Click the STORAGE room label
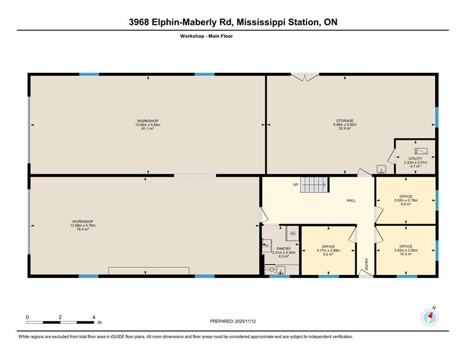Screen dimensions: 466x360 click(345, 121)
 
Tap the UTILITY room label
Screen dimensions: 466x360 click(415, 159)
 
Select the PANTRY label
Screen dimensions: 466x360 click(284, 249)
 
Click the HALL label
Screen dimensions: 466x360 click(351, 200)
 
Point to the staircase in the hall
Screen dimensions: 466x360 click(314, 185)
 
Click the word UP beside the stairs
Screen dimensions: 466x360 click(295, 185)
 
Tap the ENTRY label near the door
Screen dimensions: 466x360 click(367, 264)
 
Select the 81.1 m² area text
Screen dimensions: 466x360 click(148, 128)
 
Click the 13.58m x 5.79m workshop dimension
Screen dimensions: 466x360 click(83, 225)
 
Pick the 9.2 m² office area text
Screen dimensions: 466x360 click(328, 254)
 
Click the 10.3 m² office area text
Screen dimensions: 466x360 click(405, 254)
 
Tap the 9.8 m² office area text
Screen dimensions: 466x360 click(405, 204)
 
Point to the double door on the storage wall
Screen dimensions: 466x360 click(305, 76)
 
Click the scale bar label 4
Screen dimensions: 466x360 click(94, 317)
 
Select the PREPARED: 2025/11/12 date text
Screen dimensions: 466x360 click(233, 322)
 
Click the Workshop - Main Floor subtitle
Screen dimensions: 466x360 click(207, 36)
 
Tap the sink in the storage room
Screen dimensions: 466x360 click(382, 170)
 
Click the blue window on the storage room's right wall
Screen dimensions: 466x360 click(436, 117)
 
